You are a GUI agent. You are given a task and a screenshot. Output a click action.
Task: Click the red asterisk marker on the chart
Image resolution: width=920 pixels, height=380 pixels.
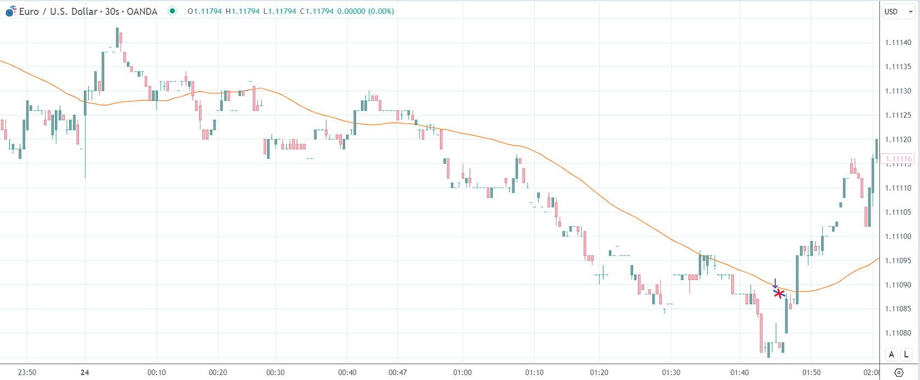click(x=779, y=294)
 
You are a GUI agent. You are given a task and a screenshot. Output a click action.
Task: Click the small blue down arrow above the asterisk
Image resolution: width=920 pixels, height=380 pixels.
click(x=775, y=283)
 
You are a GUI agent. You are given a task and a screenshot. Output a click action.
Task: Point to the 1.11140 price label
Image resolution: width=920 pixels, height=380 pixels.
click(x=898, y=43)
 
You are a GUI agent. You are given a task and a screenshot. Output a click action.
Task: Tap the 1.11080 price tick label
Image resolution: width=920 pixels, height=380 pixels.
click(x=898, y=333)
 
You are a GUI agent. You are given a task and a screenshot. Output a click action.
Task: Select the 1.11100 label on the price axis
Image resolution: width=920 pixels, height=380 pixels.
click(x=898, y=236)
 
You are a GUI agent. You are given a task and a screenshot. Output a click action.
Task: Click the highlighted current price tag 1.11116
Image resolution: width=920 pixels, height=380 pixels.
click(x=898, y=159)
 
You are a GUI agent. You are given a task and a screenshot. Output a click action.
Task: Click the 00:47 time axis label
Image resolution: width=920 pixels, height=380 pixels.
click(x=398, y=372)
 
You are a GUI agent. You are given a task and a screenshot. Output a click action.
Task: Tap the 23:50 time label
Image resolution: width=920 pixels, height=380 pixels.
click(x=27, y=372)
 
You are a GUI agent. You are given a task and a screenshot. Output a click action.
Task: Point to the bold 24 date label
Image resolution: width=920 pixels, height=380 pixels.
click(x=84, y=372)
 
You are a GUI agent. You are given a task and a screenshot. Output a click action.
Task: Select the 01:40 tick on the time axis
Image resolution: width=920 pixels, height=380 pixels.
click(x=740, y=372)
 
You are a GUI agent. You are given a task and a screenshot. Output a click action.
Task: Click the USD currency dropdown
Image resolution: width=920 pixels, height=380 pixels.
click(x=898, y=12)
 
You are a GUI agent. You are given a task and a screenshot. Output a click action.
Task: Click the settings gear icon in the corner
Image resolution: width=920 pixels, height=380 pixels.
click(x=899, y=372)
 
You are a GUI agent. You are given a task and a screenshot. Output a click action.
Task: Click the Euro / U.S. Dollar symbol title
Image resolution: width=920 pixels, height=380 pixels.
click(x=58, y=12)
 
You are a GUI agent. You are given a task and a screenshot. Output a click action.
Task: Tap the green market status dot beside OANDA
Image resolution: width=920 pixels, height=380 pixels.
click(x=172, y=11)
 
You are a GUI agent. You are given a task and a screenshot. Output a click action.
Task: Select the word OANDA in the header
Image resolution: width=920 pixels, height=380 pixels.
click(x=142, y=12)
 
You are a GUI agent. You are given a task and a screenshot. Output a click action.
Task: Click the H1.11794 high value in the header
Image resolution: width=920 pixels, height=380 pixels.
click(x=242, y=11)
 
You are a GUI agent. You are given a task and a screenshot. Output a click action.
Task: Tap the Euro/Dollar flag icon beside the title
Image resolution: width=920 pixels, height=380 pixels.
click(x=10, y=12)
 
